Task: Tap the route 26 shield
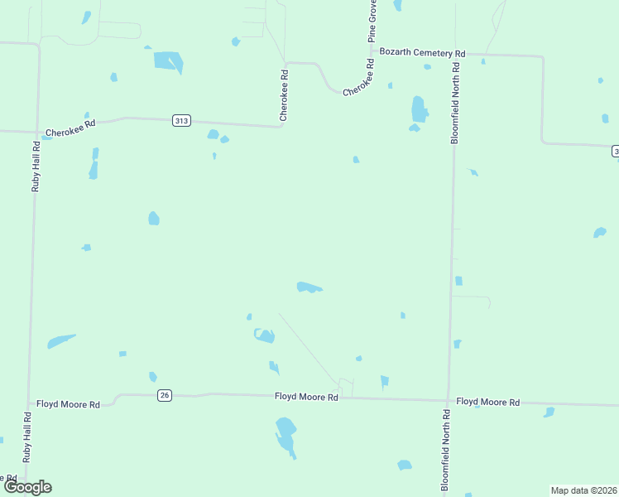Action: pos(165,395)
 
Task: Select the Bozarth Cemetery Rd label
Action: pos(422,52)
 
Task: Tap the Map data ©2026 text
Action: pos(583,490)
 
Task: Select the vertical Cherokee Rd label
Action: pos(284,95)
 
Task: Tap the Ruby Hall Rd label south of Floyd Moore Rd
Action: pos(27,438)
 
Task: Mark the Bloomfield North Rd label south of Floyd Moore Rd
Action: pos(445,452)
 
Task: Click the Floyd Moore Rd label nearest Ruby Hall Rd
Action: pos(68,404)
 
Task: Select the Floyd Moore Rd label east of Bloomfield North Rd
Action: pos(488,402)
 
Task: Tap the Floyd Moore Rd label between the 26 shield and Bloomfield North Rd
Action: pos(306,398)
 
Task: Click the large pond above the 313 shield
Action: pos(169,61)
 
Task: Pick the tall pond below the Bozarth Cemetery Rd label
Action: pos(419,109)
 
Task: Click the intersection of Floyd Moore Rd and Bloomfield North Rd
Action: pos(449,400)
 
